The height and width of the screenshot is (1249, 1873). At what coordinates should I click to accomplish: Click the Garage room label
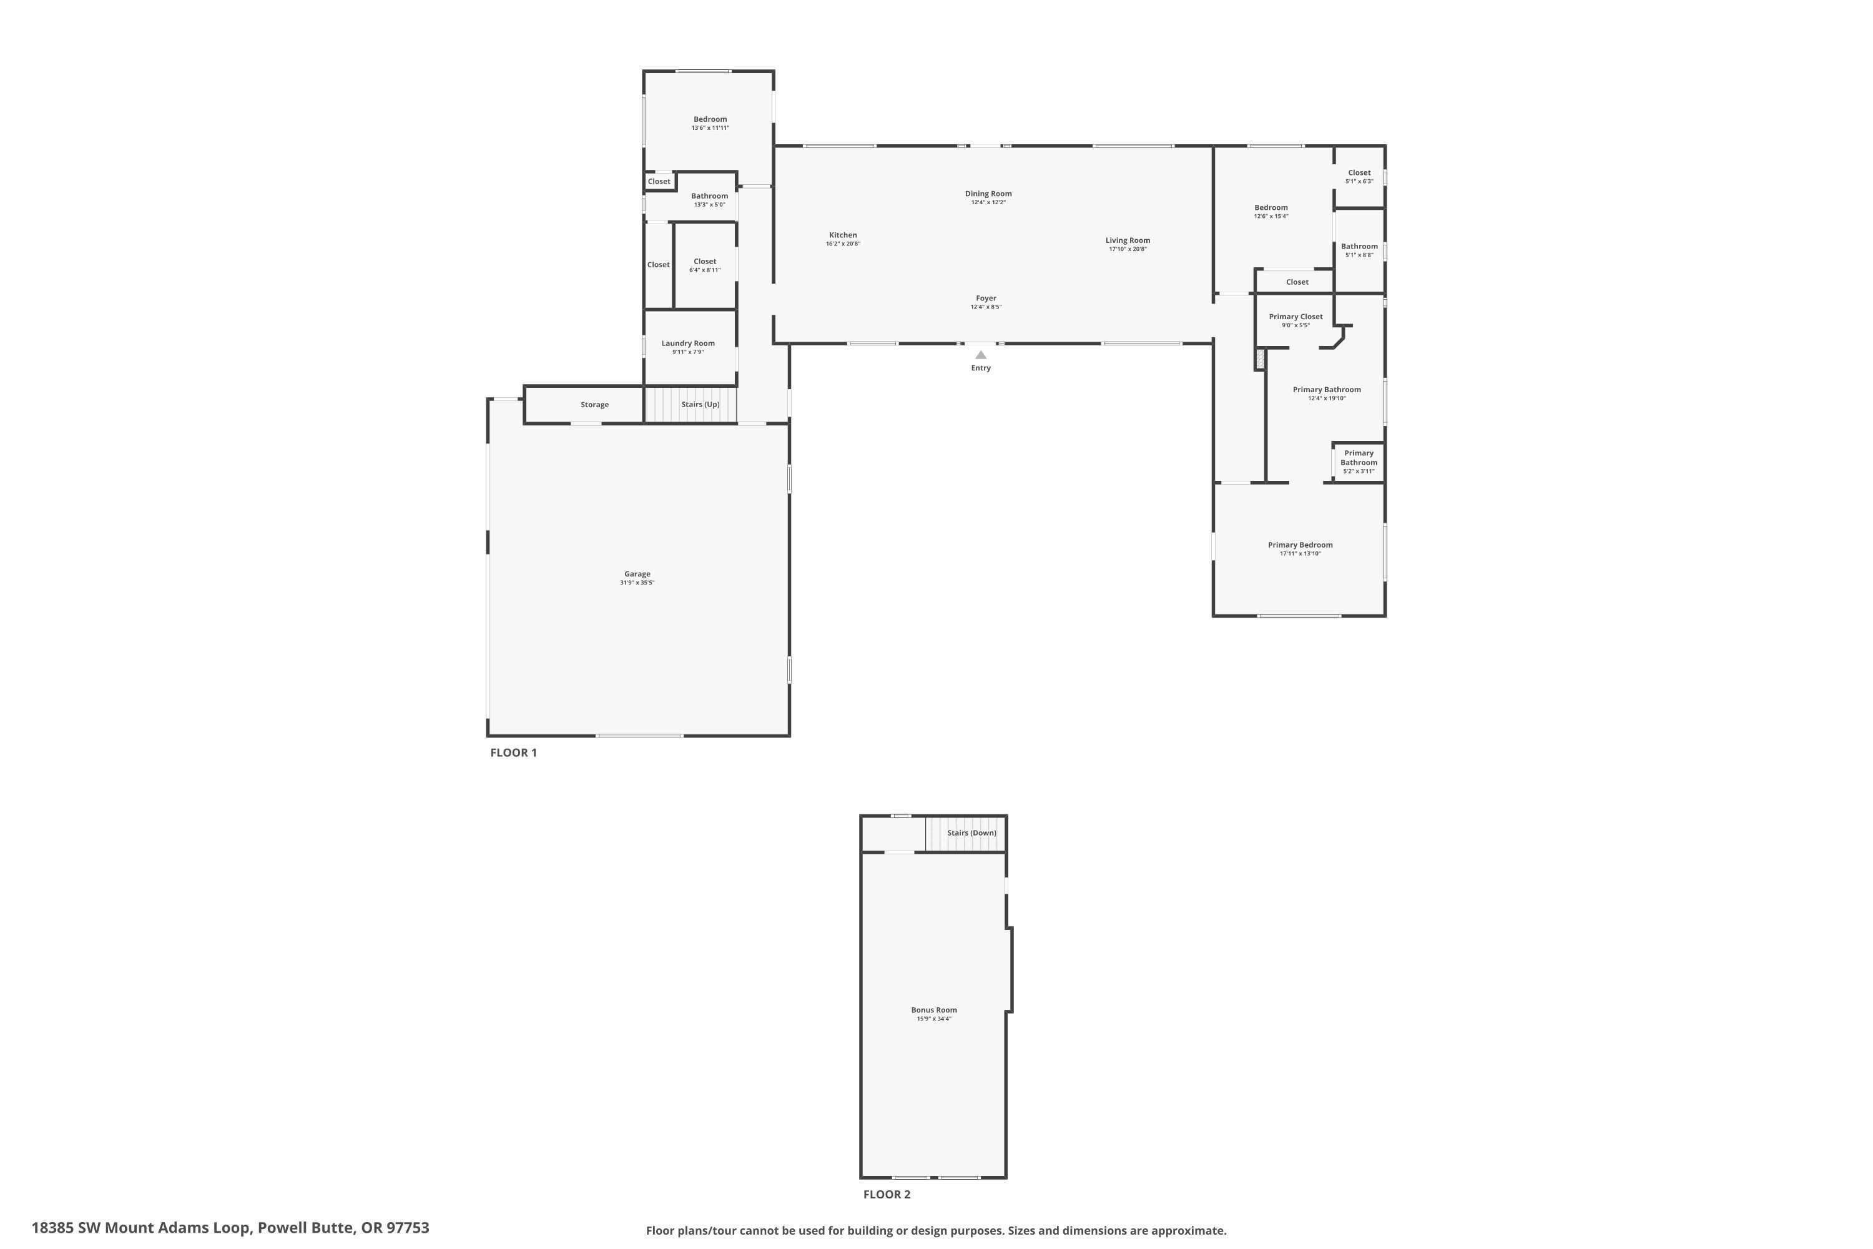(637, 573)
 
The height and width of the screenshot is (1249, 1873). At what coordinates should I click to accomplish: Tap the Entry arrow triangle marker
(981, 355)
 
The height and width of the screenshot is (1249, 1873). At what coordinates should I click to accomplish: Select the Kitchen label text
(842, 235)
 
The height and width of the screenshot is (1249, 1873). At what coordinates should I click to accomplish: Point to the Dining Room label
(988, 194)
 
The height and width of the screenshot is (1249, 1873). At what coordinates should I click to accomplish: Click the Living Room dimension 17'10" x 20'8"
(1128, 249)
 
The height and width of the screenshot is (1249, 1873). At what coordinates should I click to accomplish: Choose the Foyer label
(986, 298)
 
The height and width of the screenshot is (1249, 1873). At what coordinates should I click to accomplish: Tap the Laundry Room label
(688, 343)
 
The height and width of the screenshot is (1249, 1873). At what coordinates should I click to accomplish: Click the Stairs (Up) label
(700, 405)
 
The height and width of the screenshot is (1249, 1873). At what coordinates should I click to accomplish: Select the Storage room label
(594, 405)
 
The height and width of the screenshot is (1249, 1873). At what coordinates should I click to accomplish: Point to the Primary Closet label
(1295, 316)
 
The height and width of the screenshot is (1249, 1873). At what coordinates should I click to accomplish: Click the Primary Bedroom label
(1300, 545)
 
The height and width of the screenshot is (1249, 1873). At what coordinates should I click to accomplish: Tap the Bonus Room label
(934, 1010)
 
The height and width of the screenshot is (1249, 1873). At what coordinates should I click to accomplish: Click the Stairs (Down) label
(971, 833)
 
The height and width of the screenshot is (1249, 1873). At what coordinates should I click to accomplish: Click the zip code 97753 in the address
(408, 1228)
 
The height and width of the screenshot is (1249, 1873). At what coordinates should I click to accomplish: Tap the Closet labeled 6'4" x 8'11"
(705, 265)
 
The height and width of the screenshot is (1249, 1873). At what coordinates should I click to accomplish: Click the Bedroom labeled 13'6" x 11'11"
(709, 122)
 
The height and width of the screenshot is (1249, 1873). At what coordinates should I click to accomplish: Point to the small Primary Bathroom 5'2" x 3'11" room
(1359, 462)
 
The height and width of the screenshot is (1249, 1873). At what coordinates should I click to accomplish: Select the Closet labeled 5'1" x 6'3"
(1359, 176)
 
